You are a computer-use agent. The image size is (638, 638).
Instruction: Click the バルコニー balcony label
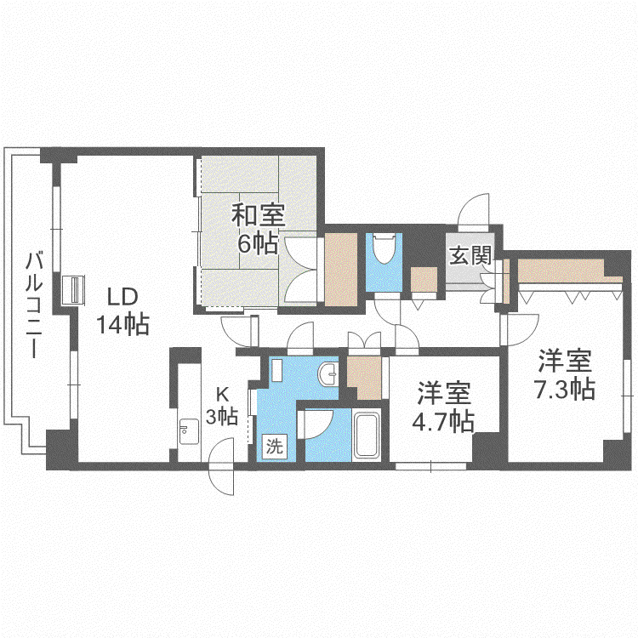point(34,305)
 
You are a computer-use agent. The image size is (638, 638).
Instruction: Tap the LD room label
point(122,297)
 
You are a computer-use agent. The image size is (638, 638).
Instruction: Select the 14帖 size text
point(122,324)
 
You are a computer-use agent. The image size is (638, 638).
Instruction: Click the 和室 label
point(259,215)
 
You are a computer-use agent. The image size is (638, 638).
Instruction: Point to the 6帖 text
point(258,244)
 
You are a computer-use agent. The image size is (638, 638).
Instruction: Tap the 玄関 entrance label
point(470,255)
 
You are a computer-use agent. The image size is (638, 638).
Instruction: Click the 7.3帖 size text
point(564,389)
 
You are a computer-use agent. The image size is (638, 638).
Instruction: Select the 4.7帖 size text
point(443,421)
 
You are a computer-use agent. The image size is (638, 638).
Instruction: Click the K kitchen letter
point(222,394)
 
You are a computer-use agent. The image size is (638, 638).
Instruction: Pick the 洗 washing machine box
point(274,446)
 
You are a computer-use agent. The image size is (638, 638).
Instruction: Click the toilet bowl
point(384,248)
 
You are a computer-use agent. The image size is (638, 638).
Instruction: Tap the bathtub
point(367,436)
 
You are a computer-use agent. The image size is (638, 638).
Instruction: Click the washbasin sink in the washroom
point(328,373)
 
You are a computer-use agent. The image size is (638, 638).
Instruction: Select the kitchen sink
point(189,431)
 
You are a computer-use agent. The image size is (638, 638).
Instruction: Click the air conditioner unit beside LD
point(74,290)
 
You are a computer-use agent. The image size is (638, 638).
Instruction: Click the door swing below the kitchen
point(222,467)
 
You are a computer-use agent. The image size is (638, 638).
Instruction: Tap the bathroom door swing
point(316,424)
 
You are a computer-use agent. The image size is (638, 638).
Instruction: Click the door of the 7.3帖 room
point(521,329)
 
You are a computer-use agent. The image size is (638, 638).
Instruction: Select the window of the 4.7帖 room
point(431,466)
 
